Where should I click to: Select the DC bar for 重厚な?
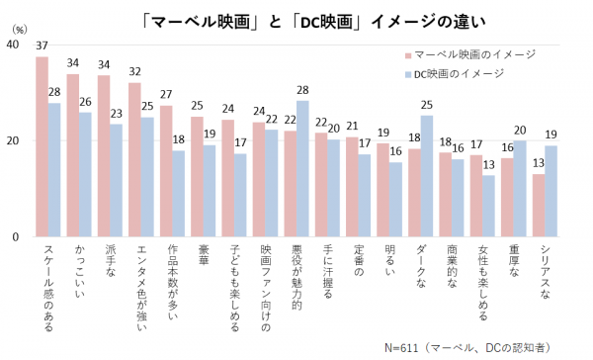pyautogui.click(x=520, y=189)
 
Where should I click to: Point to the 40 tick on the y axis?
pyautogui.click(x=13, y=45)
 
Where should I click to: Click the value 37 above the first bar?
pyautogui.click(x=42, y=46)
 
